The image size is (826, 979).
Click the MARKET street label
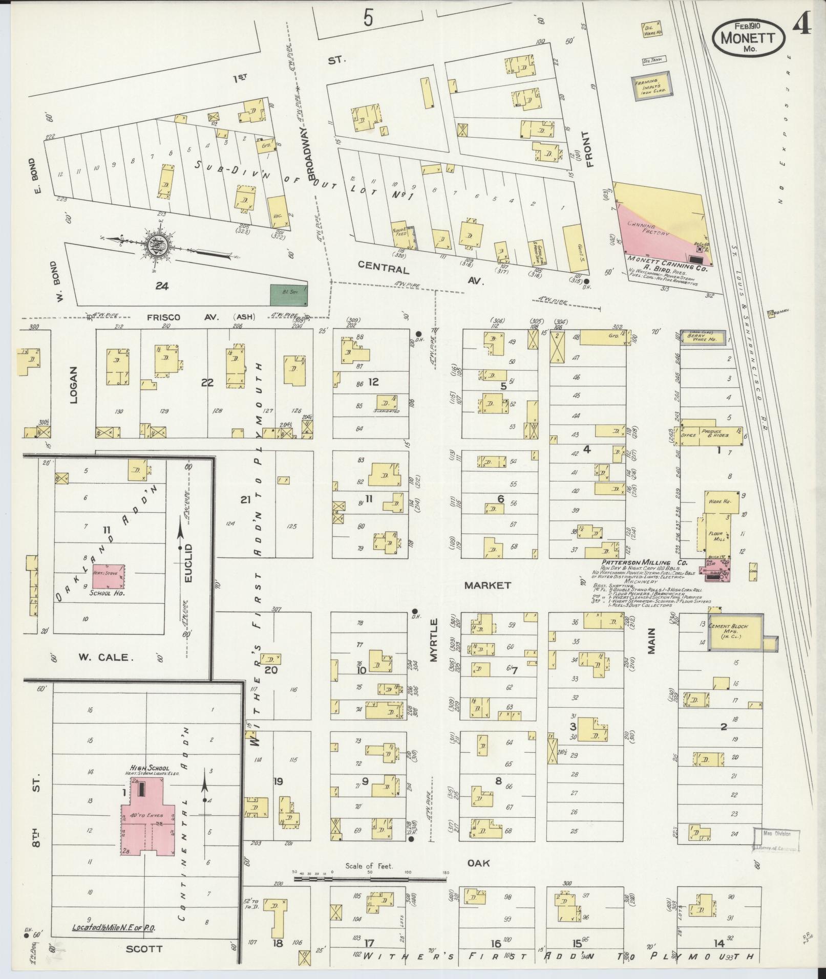(488, 585)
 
